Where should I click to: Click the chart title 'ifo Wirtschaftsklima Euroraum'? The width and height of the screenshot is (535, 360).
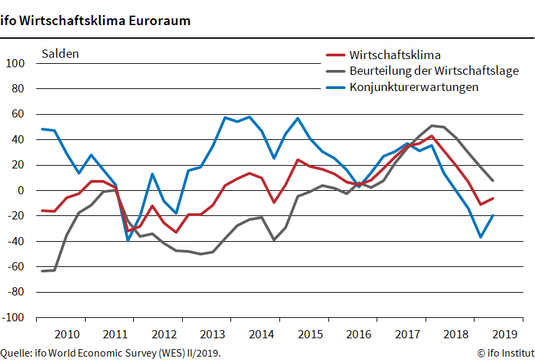pyautogui.click(x=95, y=20)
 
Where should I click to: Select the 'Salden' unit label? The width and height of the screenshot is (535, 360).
pyautogui.click(x=61, y=54)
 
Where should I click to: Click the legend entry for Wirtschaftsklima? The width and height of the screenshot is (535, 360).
pyautogui.click(x=395, y=55)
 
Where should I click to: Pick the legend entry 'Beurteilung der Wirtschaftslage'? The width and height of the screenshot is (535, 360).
pyautogui.click(x=434, y=71)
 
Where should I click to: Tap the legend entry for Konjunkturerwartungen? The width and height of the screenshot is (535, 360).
pyautogui.click(x=414, y=87)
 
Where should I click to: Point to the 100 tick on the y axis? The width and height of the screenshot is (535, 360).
pyautogui.click(x=15, y=64)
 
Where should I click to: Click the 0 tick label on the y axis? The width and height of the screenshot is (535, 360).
pyautogui.click(x=21, y=191)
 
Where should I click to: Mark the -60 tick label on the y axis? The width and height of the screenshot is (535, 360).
pyautogui.click(x=16, y=267)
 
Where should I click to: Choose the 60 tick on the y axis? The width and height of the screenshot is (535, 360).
pyautogui.click(x=18, y=115)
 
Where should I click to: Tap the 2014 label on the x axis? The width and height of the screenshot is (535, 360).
pyautogui.click(x=261, y=334)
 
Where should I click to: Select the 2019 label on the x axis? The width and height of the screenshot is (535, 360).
pyautogui.click(x=504, y=334)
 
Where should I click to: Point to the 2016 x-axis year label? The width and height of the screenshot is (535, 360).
pyautogui.click(x=358, y=334)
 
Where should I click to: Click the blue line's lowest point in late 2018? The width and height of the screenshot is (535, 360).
pyautogui.click(x=481, y=237)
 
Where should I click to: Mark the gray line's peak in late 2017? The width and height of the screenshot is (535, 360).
pyautogui.click(x=432, y=126)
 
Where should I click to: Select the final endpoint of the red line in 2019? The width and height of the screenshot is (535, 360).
pyautogui.click(x=493, y=198)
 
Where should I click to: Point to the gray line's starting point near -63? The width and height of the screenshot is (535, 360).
pyautogui.click(x=42, y=271)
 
